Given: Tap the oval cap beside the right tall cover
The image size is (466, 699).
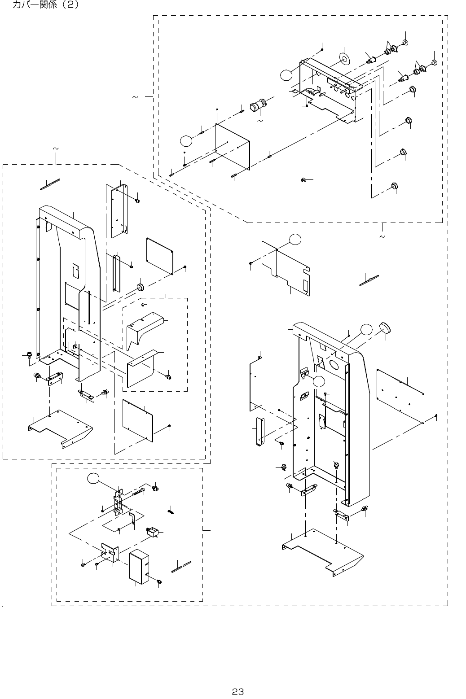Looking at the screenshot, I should pos(385,328).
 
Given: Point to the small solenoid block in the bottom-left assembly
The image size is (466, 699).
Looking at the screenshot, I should pos(153,532).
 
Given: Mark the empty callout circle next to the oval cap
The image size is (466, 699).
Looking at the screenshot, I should pos(366,330).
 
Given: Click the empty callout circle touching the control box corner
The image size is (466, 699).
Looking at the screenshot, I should pos(286,74).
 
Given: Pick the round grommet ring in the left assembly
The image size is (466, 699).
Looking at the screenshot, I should pos(140,287).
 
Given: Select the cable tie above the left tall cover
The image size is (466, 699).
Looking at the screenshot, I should pos(51,184).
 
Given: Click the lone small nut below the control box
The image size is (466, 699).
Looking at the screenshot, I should pos(303,180).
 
